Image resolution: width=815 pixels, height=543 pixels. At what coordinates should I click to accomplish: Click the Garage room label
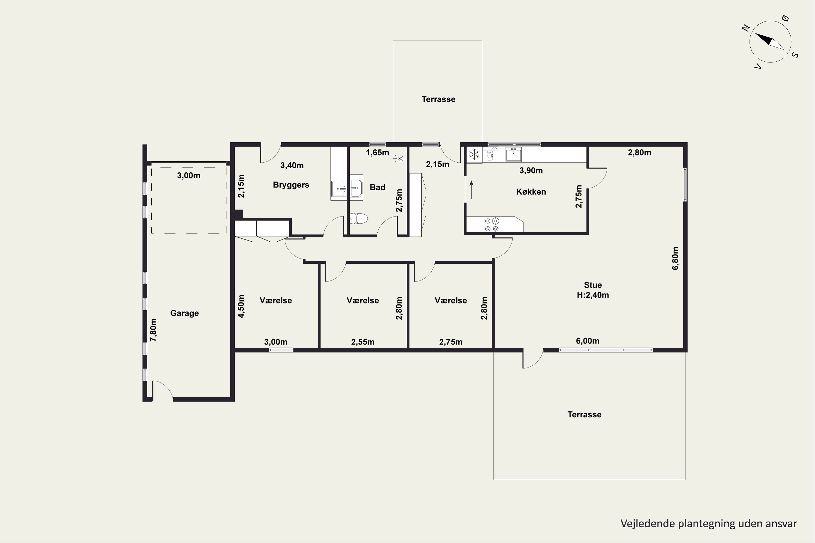184,313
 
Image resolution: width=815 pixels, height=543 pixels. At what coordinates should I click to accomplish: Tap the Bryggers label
291,185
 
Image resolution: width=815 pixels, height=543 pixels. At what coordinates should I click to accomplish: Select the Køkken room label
531,192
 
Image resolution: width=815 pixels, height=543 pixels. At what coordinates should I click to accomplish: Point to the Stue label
593,285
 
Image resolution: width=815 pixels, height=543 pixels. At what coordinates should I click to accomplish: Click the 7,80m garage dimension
153,330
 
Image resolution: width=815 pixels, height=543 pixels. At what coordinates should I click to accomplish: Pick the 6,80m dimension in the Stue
675,258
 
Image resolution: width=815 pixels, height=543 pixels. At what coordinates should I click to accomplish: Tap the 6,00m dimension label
588,341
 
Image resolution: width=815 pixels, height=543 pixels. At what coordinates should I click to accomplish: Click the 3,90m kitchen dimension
531,171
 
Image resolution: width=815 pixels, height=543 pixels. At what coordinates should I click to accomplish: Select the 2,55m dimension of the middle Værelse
363,342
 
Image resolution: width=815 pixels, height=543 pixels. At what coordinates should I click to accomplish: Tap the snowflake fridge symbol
474,154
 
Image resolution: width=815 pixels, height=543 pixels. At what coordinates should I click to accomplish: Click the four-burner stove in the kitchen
492,225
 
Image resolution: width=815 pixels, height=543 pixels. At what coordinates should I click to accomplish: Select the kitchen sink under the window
513,154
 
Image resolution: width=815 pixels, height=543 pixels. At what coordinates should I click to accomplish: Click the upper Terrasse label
438,99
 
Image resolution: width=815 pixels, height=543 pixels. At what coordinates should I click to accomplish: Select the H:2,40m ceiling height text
593,295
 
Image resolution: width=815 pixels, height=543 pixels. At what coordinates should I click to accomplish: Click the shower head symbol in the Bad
400,159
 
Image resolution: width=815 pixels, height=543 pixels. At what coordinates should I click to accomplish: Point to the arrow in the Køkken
471,190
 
